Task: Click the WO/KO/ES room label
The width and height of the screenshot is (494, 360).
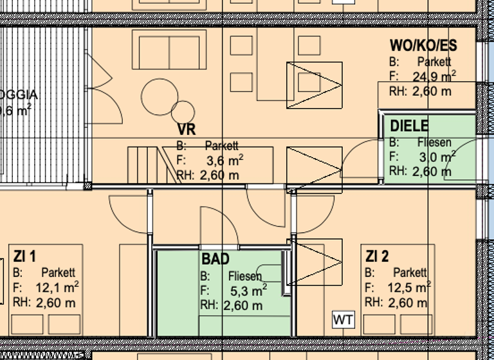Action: (423, 46)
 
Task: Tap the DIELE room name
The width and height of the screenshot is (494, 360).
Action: (408, 126)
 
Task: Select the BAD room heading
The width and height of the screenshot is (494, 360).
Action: (215, 260)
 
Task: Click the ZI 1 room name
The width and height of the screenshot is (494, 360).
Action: (25, 256)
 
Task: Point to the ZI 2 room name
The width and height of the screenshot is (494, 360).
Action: (377, 256)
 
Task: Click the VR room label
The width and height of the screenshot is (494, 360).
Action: (187, 129)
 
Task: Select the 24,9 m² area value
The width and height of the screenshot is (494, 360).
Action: (434, 77)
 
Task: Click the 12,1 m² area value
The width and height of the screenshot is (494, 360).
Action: (57, 287)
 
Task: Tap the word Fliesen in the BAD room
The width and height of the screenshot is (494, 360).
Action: (244, 276)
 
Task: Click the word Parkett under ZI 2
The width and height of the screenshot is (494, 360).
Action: (409, 273)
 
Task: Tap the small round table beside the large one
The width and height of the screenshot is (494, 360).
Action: (183, 112)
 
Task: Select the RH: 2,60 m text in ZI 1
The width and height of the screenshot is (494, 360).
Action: (44, 303)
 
